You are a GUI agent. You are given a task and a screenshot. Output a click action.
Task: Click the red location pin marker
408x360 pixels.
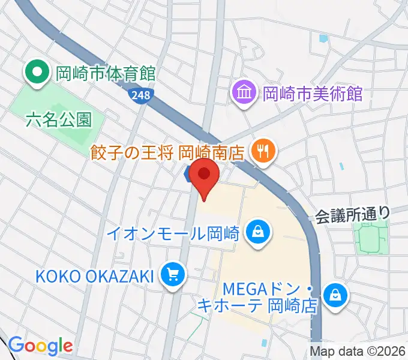click(205, 176)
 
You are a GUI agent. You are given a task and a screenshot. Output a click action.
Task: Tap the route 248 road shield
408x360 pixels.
click(141, 95)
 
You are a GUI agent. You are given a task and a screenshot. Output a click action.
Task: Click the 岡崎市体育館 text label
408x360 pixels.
click(105, 74)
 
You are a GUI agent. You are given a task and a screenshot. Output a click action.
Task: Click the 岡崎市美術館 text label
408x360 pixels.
click(313, 93)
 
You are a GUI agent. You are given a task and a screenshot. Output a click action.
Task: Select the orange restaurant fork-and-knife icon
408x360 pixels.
click(263, 149)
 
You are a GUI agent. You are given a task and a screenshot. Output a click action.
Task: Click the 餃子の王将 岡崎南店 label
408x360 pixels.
click(167, 152)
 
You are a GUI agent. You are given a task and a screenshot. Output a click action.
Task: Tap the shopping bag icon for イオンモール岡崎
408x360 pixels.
click(258, 232)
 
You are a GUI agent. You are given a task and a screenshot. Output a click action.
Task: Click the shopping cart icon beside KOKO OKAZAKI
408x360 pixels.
click(173, 275)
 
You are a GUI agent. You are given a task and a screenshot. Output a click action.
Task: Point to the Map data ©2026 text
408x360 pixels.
click(356, 351)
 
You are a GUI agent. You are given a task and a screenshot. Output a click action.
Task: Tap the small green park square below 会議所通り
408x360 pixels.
click(370, 238)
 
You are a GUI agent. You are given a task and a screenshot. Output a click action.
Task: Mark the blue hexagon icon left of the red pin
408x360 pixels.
click(188, 175)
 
